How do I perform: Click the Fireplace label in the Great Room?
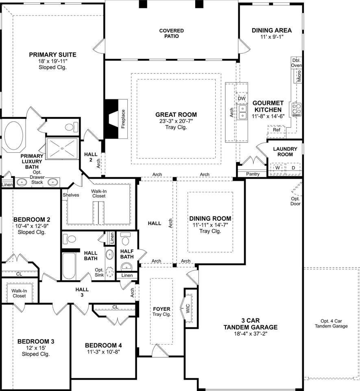tap(123, 119)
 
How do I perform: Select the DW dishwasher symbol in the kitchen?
tap(242, 99)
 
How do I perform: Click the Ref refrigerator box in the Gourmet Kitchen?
tap(276, 130)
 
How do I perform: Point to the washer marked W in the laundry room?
tap(277, 168)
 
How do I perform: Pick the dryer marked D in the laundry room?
tap(293, 168)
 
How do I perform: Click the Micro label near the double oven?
tap(299, 76)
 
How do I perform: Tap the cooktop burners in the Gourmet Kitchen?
tap(297, 110)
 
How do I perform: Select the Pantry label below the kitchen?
tap(253, 174)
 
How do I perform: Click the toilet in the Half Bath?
tap(125, 239)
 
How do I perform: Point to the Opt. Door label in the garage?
tap(295, 201)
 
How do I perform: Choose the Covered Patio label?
tap(172, 33)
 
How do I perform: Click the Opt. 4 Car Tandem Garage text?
tap(331, 324)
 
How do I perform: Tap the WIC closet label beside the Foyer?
tap(188, 308)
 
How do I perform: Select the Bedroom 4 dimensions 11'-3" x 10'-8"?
tap(104, 352)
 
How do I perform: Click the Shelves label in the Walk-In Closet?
tap(71, 195)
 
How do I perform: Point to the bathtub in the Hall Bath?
tap(69, 266)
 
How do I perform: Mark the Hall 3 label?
tap(82, 292)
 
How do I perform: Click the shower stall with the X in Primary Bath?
tap(62, 148)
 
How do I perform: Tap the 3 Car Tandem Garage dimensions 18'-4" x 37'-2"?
tap(251, 334)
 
